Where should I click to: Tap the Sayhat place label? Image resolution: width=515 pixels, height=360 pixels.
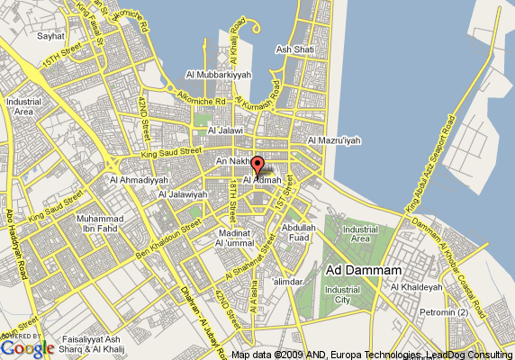click(50, 37)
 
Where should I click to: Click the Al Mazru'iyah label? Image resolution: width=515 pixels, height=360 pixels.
click(334, 140)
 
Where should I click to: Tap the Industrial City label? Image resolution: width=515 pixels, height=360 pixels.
click(342, 294)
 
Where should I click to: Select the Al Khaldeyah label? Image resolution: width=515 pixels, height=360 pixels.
click(416, 287)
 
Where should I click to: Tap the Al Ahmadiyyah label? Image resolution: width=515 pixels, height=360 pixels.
click(134, 179)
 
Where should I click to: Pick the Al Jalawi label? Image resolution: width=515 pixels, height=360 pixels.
click(224, 130)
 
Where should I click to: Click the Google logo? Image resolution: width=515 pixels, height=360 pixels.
click(27, 347)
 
